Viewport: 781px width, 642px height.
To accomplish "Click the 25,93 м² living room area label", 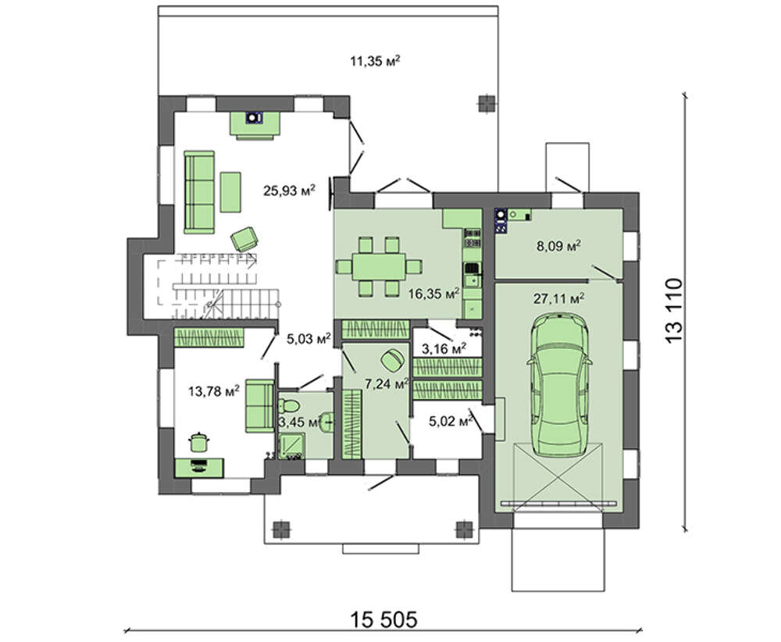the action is coord(290,191).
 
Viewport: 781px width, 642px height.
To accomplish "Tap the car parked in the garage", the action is coord(559,385).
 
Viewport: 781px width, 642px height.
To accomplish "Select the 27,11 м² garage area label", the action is coord(559,299).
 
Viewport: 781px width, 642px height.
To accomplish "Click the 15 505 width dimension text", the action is coord(383,620).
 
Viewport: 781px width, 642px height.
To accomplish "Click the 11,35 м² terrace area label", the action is coord(376,61).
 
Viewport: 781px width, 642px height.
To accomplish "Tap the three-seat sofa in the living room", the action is coord(199,192).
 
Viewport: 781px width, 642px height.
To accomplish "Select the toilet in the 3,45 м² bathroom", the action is coord(288,404).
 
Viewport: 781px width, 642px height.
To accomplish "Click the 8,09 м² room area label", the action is coord(559,245).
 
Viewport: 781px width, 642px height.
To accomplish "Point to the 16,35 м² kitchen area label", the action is coord(433,294).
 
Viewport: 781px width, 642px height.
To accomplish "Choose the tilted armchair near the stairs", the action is coord(244,239).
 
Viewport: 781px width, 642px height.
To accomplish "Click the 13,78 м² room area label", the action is coord(214,391).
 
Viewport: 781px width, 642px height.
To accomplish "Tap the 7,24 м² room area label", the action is coord(387,384).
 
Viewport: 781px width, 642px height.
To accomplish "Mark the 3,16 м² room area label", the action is coord(444,348).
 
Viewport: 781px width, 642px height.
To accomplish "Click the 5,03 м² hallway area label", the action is coord(308,339).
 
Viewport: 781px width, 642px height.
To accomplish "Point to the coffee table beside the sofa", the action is coord(230,192).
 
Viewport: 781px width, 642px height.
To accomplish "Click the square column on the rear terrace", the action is coord(486,104).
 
